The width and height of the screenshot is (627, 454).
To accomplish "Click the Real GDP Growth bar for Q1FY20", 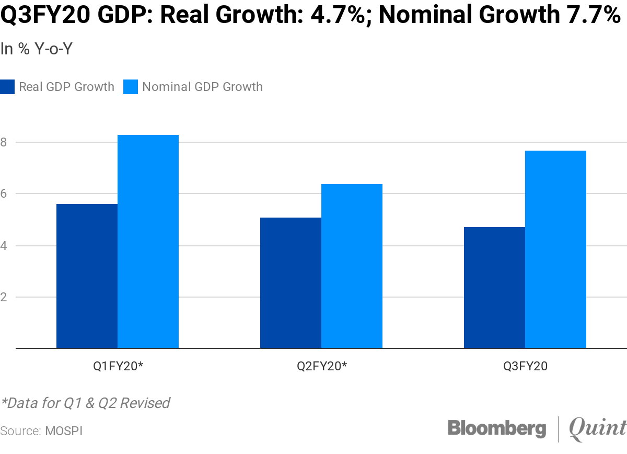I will point(87,276).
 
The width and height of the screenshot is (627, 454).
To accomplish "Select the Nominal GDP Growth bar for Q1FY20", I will point(148,241).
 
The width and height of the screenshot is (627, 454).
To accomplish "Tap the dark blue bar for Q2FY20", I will point(291,282).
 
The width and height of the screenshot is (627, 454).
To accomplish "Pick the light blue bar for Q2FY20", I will point(352,266).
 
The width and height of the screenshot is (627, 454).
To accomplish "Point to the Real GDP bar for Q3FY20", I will point(494,287).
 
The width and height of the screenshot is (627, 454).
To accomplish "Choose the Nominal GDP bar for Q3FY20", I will point(555,249).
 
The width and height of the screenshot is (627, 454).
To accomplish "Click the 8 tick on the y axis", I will point(4,142).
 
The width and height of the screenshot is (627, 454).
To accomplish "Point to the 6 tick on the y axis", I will point(4,194).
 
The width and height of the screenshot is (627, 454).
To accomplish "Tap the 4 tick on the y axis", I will point(4,245).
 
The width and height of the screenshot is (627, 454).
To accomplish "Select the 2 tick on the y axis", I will point(4,297).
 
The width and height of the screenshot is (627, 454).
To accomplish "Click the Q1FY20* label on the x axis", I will point(118,367).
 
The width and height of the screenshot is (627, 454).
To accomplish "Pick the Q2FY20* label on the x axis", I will point(322,367).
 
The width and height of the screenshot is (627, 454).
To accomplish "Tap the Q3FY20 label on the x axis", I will point(525,367).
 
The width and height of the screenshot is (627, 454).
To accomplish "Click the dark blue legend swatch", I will point(7,87).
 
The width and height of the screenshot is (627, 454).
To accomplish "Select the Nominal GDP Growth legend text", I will point(202,87).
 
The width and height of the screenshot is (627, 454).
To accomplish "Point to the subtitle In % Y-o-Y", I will point(36,49).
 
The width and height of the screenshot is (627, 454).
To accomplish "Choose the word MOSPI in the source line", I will point(64,431).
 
